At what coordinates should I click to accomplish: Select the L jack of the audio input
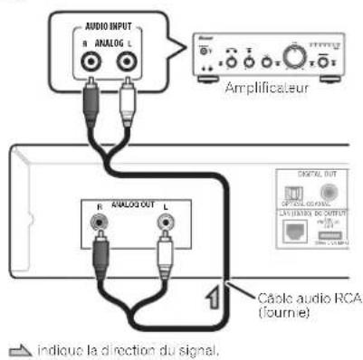click(x=129, y=62)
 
